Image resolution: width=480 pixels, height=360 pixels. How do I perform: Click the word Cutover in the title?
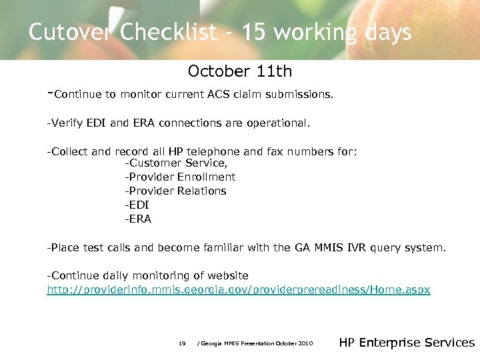pyautogui.click(x=67, y=32)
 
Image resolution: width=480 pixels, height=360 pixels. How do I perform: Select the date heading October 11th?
pyautogui.click(x=240, y=71)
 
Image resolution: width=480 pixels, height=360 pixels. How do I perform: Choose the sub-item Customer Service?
pyautogui.click(x=177, y=163)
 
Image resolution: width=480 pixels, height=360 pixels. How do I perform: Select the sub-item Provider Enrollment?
pyautogui.click(x=180, y=177)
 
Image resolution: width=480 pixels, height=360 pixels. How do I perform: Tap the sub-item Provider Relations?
pyautogui.click(x=175, y=191)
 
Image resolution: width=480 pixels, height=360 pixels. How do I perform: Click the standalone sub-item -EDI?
pyautogui.click(x=137, y=205)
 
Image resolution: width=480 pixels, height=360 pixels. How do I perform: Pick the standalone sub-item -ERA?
pyautogui.click(x=138, y=219)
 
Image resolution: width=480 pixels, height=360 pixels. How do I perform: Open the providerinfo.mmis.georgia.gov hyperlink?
pyautogui.click(x=239, y=290)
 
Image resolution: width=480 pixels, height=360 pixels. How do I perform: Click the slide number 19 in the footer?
pyautogui.click(x=182, y=343)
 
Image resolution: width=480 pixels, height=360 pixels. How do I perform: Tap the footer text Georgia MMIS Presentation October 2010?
pyautogui.click(x=256, y=343)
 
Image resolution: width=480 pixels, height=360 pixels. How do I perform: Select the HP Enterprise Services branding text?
pyautogui.click(x=407, y=343)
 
